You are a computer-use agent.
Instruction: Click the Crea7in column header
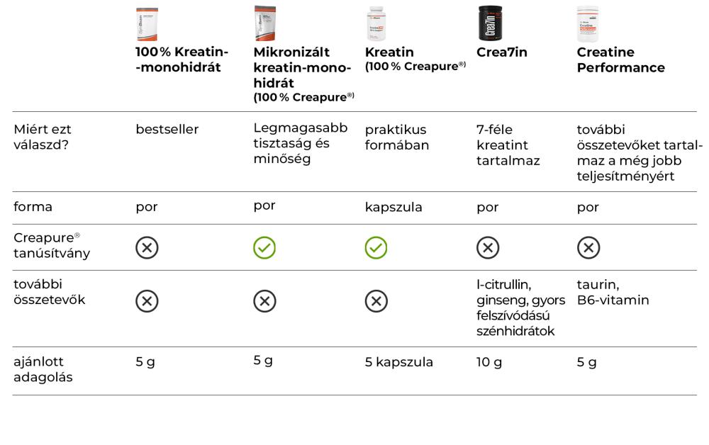click(502, 52)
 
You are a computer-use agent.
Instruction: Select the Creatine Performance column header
click(620, 60)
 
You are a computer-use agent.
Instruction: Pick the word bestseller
click(167, 130)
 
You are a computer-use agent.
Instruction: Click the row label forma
click(33, 208)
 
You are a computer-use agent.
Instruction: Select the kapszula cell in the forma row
click(393, 208)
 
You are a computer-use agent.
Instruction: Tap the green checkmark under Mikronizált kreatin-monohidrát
click(264, 247)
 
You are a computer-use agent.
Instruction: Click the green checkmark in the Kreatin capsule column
click(376, 247)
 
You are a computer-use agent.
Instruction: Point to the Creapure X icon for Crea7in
click(488, 247)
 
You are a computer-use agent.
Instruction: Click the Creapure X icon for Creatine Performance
click(588, 247)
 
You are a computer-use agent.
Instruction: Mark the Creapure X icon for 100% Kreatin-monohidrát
click(147, 247)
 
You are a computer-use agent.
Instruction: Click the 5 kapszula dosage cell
click(398, 363)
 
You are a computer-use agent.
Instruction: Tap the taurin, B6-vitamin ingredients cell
click(613, 293)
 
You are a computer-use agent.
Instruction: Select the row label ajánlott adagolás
click(43, 370)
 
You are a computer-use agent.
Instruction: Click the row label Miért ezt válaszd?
click(43, 137)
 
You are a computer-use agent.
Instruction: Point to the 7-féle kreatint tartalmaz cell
click(508, 145)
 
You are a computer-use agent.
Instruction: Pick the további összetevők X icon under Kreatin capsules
click(376, 301)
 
